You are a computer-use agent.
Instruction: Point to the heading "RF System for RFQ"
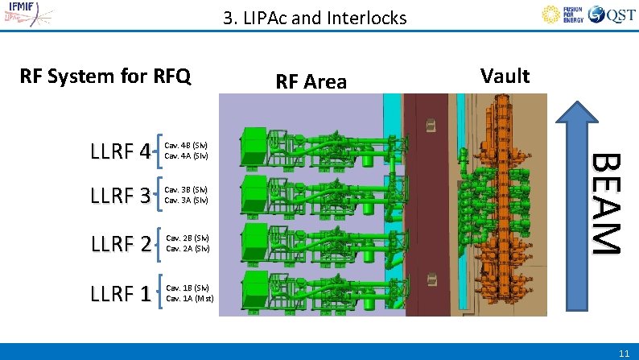pos(105,77)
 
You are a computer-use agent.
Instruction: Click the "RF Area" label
pos(311,81)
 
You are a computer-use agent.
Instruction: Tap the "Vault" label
pos(505,76)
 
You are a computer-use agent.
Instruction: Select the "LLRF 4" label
pos(121,151)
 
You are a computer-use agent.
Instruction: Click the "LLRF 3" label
pos(121,196)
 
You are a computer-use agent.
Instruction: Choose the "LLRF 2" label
pos(121,243)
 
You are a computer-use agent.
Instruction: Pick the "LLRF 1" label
pos(121,294)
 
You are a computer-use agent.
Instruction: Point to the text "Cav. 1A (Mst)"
pos(190,298)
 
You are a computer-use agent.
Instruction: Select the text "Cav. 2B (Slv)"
pos(188,238)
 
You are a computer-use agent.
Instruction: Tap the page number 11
pos(625,354)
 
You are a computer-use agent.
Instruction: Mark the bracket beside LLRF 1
pos(161,293)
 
